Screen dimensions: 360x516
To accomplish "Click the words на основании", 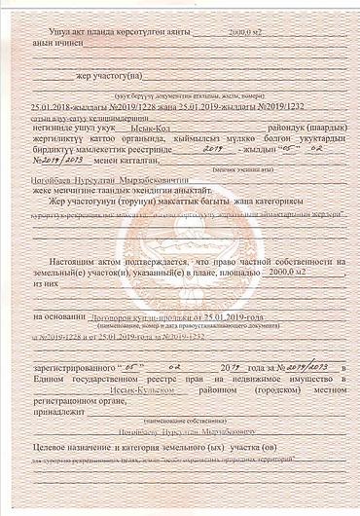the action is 60,317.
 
